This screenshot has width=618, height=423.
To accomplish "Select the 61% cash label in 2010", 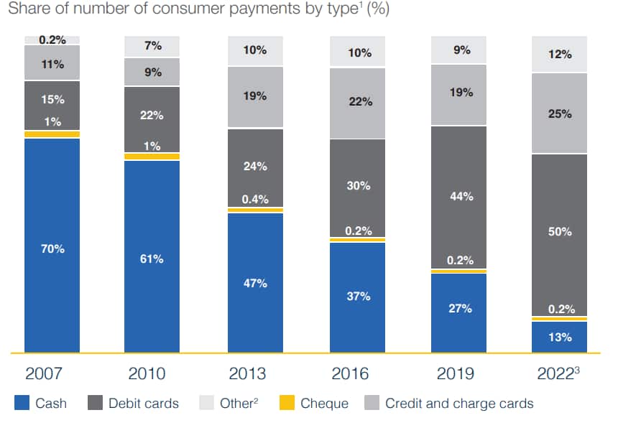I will tap(152, 259).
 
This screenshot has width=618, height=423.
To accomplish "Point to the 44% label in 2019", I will tap(460, 195).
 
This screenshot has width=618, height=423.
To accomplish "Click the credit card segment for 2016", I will tap(357, 103).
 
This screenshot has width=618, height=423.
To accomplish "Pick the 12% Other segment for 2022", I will tap(560, 55).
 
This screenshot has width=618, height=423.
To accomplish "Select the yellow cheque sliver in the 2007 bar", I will tap(52, 134).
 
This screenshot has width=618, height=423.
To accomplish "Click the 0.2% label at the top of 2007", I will tap(52, 39).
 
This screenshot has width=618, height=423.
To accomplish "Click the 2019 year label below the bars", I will tap(454, 374).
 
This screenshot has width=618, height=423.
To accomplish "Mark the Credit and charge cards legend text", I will tap(459, 403).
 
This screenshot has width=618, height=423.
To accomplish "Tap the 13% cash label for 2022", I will tap(560, 337).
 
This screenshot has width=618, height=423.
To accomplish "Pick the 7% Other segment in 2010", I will tap(152, 46).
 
